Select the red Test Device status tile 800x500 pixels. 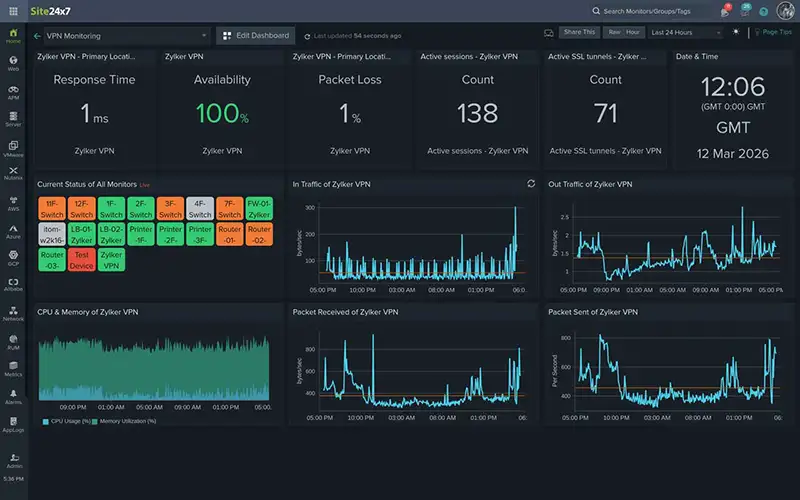coord(82,261)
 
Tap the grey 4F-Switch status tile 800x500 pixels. coord(200,209)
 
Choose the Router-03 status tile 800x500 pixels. coord(52,261)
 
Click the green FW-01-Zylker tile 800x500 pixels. coord(259,209)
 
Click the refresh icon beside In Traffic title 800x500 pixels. coord(531,184)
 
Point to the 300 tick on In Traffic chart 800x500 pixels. coord(309,208)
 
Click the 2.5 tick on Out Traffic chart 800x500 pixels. coord(565,216)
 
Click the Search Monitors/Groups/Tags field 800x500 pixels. coord(650,11)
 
